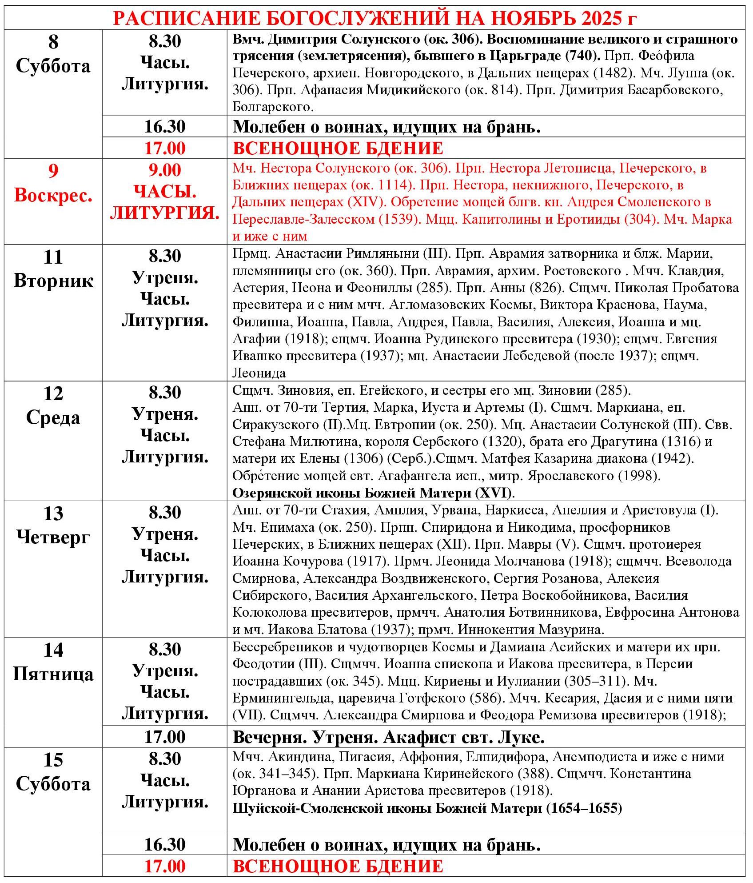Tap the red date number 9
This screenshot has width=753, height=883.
53,171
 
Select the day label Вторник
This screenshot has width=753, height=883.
53,281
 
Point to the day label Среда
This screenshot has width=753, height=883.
53,417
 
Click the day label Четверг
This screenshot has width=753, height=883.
53,538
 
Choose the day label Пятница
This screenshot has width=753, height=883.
53,674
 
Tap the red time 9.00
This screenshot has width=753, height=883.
164,170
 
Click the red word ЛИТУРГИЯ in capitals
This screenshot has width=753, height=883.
164,213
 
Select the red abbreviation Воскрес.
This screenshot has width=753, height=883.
53,196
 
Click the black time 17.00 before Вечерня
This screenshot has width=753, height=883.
164,737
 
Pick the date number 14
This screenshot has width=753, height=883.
53,650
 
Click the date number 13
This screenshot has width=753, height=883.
53,514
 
